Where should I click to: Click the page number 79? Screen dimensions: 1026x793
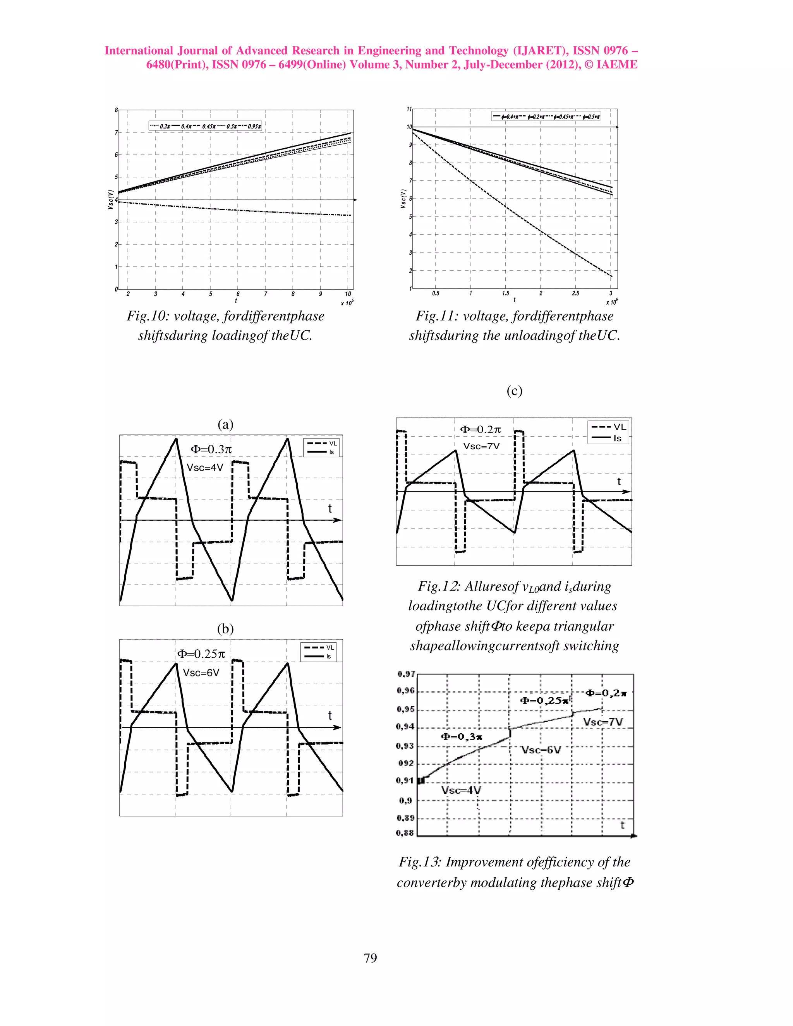(370, 958)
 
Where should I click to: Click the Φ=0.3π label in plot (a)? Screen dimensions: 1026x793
(211, 449)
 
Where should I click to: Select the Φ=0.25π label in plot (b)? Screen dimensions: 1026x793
(201, 654)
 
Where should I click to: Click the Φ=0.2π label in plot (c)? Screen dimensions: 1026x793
(481, 429)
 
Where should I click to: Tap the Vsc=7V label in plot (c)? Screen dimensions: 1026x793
(482, 446)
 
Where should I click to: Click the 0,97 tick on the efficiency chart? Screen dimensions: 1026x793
(406, 674)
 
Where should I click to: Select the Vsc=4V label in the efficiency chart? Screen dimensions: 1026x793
(461, 790)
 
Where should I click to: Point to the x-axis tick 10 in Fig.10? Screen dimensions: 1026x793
(348, 294)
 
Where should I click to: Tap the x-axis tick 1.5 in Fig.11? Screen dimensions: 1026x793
(505, 293)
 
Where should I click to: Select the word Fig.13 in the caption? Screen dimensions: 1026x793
(419, 862)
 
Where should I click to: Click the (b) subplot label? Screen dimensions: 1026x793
(225, 629)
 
